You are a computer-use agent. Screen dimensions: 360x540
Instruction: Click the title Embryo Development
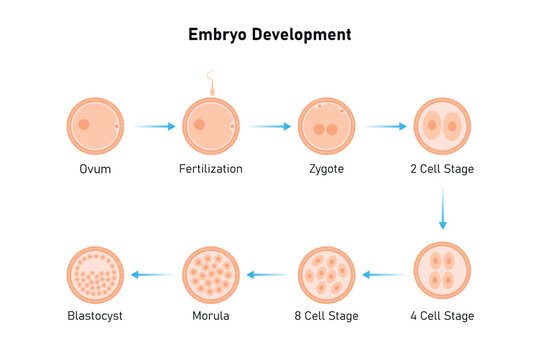click(270, 35)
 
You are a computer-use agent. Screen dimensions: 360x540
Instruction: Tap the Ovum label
click(95, 169)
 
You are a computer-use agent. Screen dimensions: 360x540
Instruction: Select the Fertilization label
click(211, 169)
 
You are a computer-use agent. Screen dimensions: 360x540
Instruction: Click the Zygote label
click(326, 169)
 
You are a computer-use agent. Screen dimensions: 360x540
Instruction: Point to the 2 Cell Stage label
click(441, 169)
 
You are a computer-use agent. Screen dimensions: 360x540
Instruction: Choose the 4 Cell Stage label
click(441, 316)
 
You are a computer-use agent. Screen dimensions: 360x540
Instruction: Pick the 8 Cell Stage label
click(326, 316)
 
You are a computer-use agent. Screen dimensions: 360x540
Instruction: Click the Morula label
click(211, 316)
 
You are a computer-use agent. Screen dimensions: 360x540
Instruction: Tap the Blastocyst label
click(96, 316)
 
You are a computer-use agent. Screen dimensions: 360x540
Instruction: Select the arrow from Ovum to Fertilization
click(154, 126)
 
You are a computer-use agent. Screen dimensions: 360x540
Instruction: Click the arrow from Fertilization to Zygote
click(270, 126)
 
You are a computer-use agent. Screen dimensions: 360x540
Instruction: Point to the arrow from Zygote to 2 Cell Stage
click(385, 126)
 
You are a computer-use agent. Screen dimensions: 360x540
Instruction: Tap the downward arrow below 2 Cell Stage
click(442, 209)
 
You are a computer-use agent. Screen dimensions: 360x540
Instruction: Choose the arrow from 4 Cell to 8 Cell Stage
click(384, 274)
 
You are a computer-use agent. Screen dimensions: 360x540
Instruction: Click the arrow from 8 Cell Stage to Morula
click(269, 274)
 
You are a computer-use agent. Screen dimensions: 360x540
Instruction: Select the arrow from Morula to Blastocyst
click(153, 274)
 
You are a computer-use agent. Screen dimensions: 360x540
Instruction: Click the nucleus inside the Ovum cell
click(84, 125)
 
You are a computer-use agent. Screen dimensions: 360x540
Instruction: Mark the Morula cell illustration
click(211, 273)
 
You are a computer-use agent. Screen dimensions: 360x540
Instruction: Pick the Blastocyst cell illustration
click(96, 273)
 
